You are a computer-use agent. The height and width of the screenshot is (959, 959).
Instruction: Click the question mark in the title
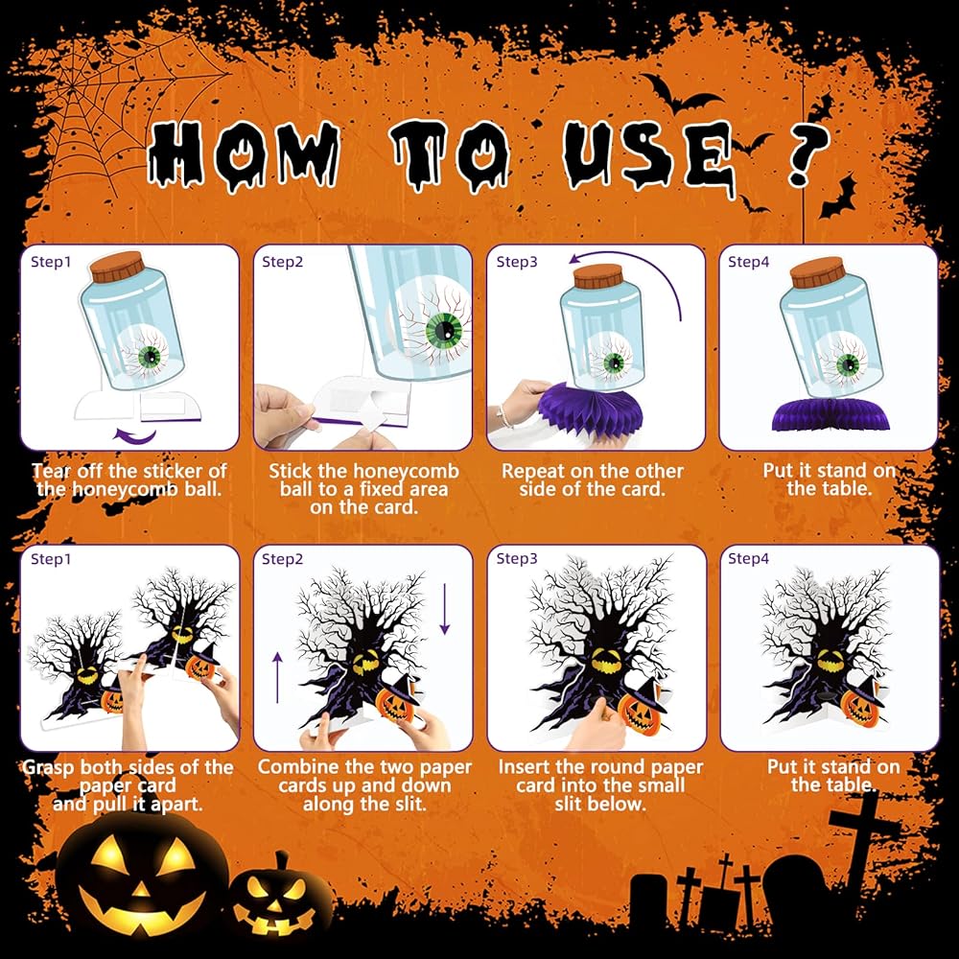[x=808, y=154]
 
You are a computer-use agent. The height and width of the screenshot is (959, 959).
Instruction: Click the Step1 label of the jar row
[x=51, y=262]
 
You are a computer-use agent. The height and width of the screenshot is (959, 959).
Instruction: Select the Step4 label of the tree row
[x=748, y=558]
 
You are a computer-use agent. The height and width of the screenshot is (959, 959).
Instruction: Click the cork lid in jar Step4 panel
[x=817, y=271]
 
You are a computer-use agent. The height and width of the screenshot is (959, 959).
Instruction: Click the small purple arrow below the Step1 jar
[x=135, y=435]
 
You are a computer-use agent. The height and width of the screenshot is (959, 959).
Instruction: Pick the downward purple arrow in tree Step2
[x=445, y=609]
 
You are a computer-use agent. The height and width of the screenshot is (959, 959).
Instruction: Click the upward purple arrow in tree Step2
[x=278, y=678]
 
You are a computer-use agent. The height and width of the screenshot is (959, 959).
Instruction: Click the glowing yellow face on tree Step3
[x=605, y=661]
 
